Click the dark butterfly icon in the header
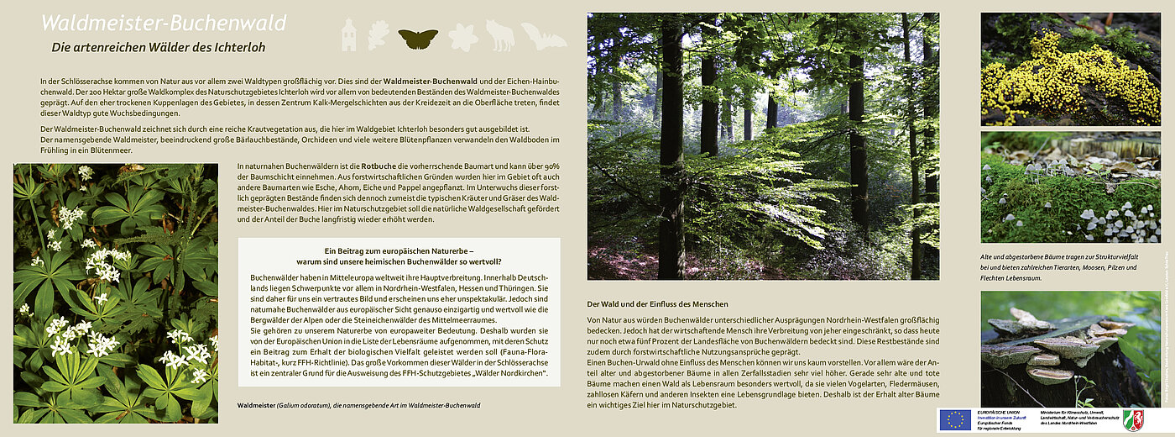pos(417,37)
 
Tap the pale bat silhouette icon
pos(543,36)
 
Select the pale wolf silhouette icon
pos(500,35)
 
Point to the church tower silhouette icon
pos(347,35)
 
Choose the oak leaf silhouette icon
pos(379,35)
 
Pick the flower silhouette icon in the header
pos(462,36)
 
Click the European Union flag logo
pos(955,419)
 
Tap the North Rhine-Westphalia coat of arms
pos(1133,419)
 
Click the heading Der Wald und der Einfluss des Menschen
pos(657,303)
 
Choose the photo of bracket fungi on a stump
pos(1070,349)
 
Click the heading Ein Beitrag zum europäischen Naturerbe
pos(399,250)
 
